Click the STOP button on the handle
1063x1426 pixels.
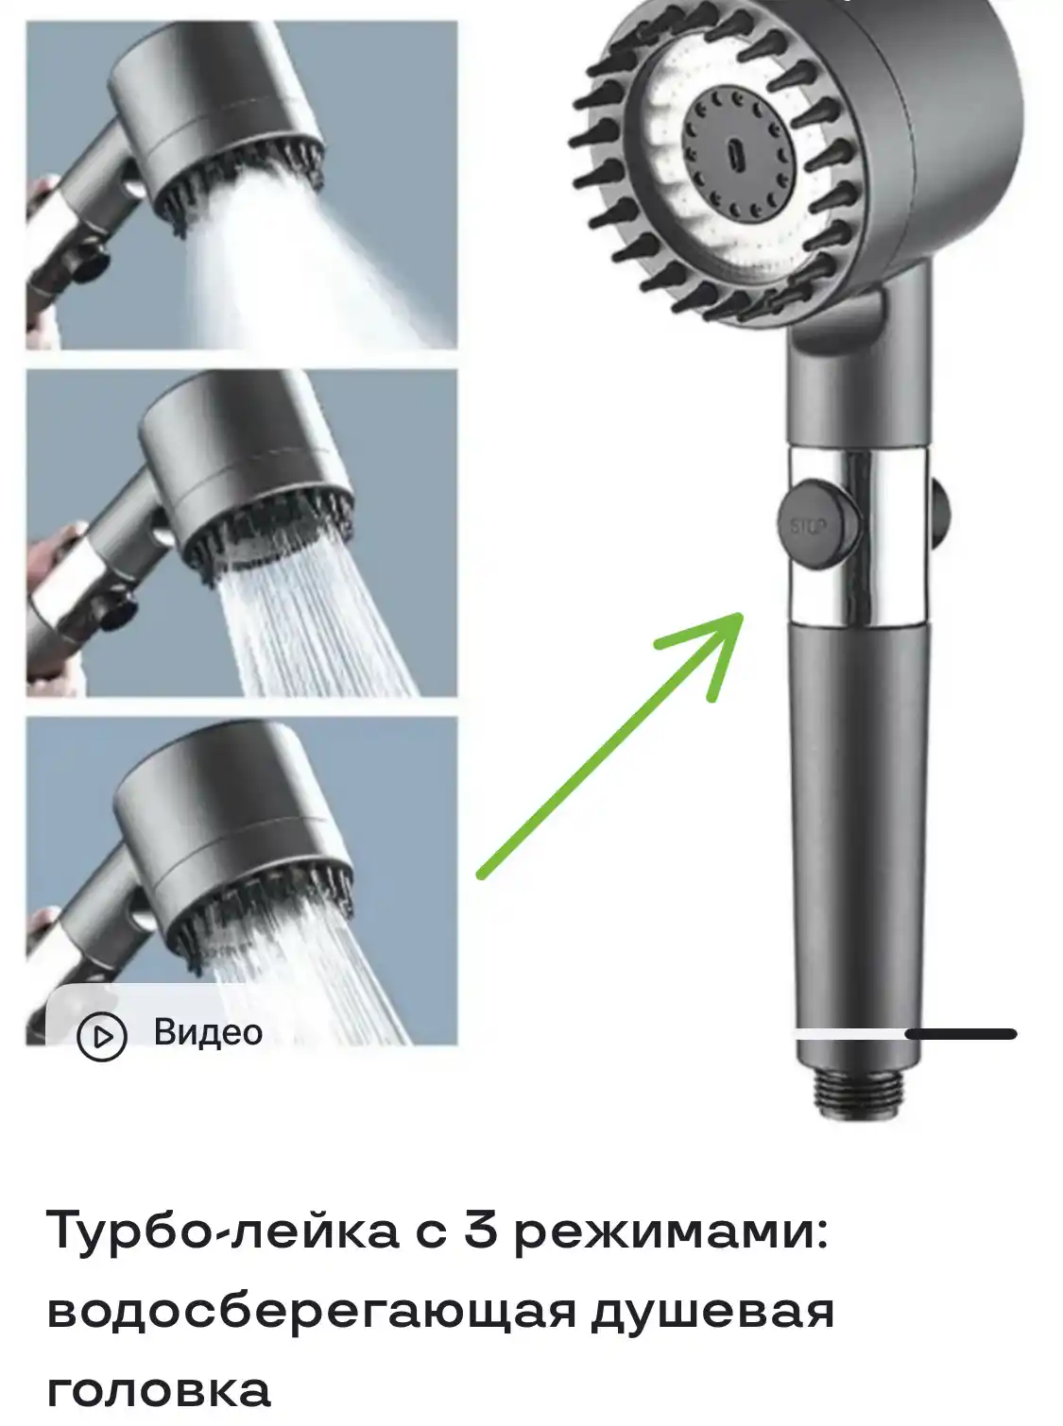pos(818,525)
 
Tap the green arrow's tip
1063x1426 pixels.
pos(742,615)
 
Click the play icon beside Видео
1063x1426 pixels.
pos(102,1036)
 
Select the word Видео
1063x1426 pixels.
pos(208,1033)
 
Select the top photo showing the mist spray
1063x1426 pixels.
pos(241,185)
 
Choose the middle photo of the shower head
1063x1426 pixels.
pos(241,533)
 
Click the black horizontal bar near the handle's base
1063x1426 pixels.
pos(961,1034)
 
